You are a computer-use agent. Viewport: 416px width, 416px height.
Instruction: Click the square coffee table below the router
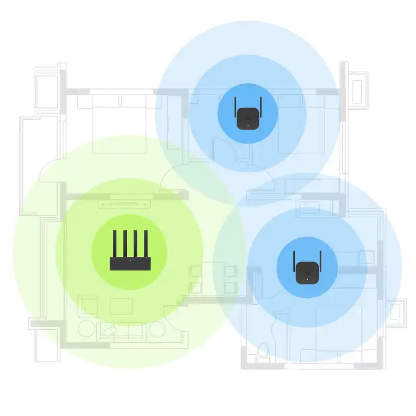tap(121, 306)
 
